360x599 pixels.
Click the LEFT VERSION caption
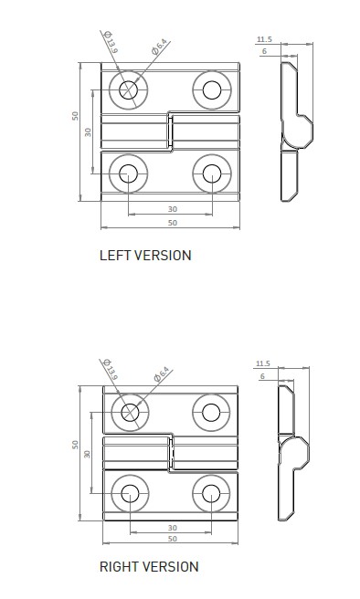[x=145, y=256]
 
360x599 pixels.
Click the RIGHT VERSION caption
[x=149, y=566]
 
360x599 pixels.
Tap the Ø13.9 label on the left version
[x=111, y=42]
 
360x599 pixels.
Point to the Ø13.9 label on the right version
[x=111, y=370]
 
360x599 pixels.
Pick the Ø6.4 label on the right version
[x=161, y=374]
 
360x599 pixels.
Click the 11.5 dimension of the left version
[x=264, y=39]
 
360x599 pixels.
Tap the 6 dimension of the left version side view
[x=264, y=51]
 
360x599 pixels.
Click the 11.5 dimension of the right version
[x=263, y=363]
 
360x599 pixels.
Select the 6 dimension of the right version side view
[x=262, y=377]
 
